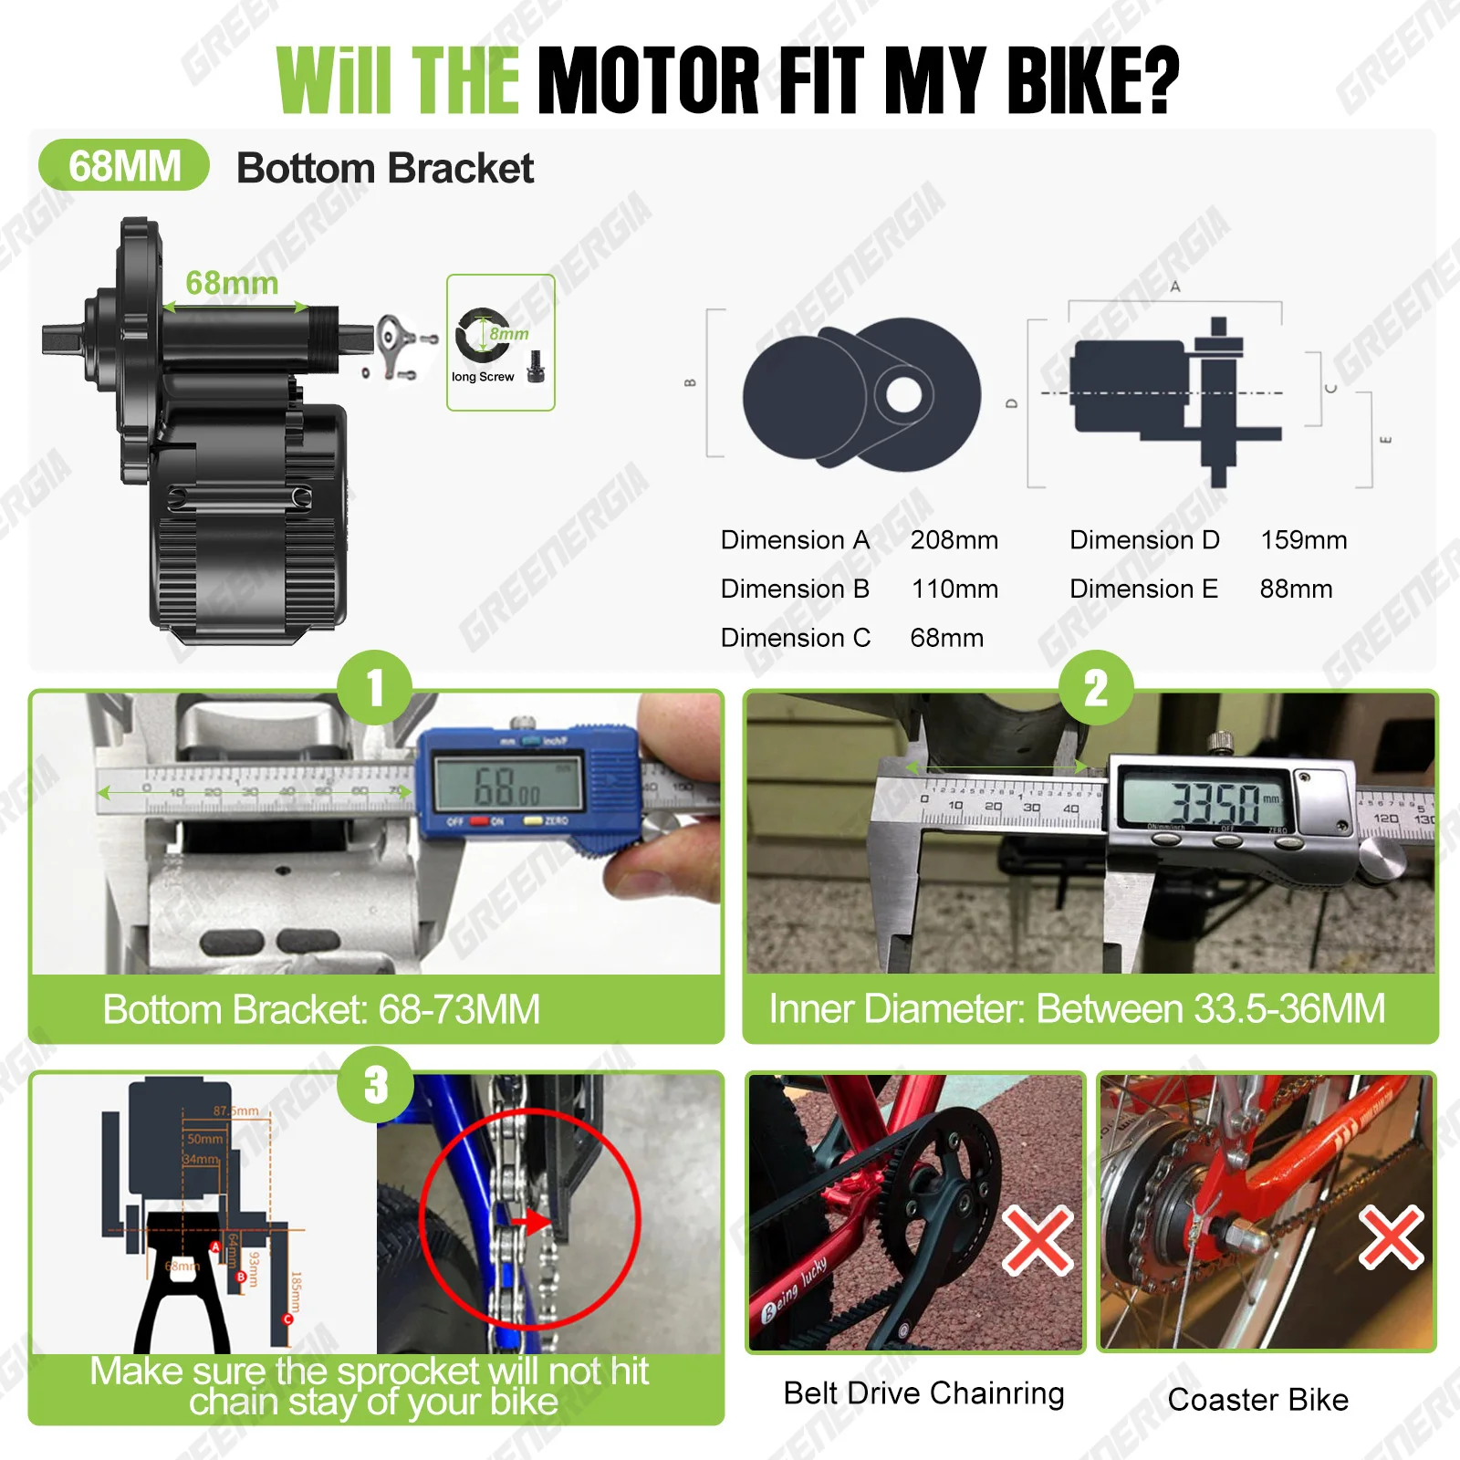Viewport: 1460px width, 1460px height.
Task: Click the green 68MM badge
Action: [x=124, y=166]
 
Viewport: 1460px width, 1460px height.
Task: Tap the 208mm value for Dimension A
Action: [x=954, y=540]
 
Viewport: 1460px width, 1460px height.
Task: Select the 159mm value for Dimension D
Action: [x=1303, y=540]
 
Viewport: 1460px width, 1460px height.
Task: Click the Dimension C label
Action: [x=795, y=638]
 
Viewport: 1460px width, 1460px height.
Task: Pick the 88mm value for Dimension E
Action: [x=1295, y=589]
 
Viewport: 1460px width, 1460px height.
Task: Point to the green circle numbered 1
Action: [x=374, y=687]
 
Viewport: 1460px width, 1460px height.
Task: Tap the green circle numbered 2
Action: [x=1096, y=687]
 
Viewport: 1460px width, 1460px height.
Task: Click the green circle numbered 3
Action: [x=375, y=1085]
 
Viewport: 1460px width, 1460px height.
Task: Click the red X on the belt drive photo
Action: [x=1038, y=1240]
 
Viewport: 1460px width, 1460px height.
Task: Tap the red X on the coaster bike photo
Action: [x=1391, y=1237]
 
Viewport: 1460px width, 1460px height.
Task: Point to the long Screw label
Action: [x=482, y=377]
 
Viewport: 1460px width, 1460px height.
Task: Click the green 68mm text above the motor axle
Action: [x=232, y=283]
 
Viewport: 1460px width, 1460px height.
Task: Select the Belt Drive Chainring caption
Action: [x=923, y=1393]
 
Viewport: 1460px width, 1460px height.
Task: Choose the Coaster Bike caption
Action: [x=1257, y=1400]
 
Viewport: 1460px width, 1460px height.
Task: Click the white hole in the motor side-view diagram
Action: [x=903, y=395]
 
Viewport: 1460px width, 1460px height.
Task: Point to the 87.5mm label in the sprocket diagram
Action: [x=235, y=1111]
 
